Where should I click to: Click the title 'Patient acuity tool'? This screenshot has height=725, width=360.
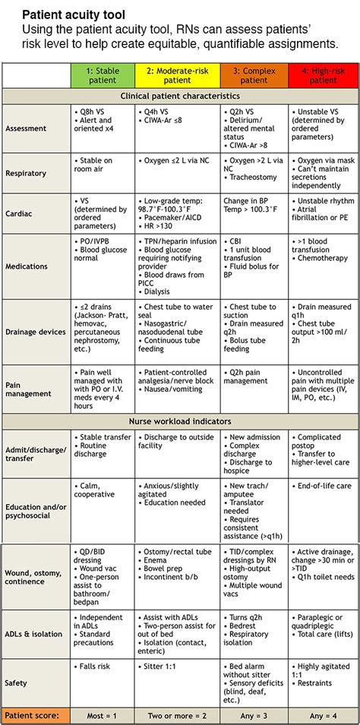[x=74, y=14]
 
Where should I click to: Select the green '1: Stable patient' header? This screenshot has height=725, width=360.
[x=102, y=75]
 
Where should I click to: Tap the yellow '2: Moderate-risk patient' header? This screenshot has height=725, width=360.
[x=177, y=75]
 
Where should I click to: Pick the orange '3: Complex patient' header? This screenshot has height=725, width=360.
[x=254, y=75]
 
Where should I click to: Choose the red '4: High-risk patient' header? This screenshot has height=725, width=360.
[x=323, y=75]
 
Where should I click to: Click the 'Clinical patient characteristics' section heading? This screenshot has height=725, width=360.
[x=180, y=96]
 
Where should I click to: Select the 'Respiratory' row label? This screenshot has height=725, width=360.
[x=26, y=172]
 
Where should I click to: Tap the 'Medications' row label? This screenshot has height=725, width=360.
[x=26, y=267]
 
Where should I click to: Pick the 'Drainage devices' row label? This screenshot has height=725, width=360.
[x=34, y=331]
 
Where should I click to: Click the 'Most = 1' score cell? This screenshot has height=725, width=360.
[x=102, y=715]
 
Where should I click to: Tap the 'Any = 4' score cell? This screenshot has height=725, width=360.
[x=323, y=715]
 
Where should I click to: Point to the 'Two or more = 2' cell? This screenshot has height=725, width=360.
[x=177, y=715]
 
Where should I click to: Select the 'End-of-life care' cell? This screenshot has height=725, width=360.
[x=324, y=485]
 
